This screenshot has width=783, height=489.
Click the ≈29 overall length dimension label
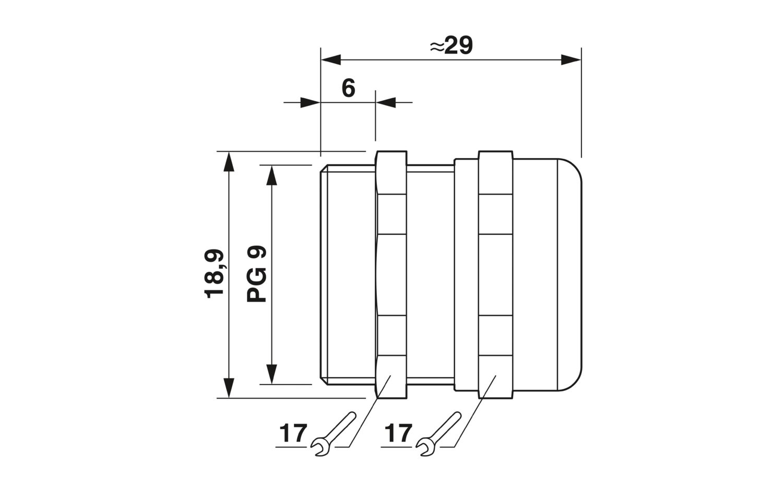451,45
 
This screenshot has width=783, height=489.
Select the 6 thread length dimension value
348,88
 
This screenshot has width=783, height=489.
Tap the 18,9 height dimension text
214,273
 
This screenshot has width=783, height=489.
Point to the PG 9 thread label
256,274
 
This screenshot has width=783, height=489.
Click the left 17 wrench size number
293,433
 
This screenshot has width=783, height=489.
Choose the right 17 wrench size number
398,433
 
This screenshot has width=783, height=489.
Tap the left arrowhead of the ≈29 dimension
330,60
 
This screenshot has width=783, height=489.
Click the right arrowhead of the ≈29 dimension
571,60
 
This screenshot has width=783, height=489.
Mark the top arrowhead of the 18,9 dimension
229,161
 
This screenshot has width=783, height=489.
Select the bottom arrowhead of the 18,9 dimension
229,388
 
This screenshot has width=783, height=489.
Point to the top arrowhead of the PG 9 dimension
271,175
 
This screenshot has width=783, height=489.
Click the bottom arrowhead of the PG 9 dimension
271,374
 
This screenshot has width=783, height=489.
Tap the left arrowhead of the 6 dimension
311,102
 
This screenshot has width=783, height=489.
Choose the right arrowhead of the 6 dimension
386,102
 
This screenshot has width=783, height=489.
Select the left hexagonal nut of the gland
391,275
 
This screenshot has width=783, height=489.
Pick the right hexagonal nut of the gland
496,275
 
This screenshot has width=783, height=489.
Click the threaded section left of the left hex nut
348,275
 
